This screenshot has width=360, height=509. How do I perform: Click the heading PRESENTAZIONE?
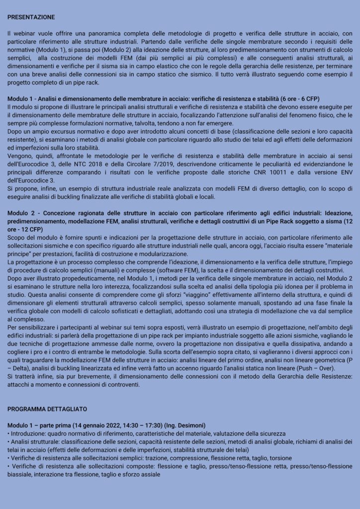(x=31, y=17)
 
